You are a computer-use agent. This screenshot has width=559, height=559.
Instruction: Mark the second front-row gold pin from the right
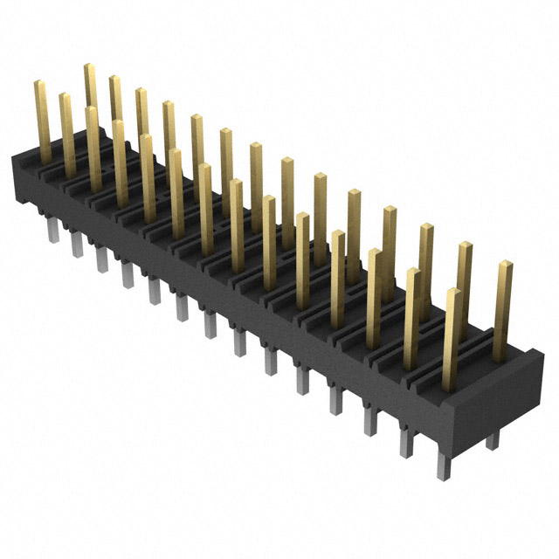[x=411, y=319]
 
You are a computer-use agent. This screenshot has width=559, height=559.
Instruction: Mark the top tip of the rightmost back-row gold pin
[x=505, y=264]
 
